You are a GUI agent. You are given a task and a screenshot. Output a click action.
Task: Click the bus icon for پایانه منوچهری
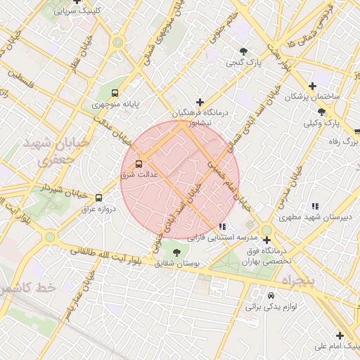[x=115, y=92]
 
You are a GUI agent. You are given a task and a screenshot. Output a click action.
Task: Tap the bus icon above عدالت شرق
[x=139, y=160]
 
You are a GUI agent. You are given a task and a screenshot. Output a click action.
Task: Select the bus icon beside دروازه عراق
[x=98, y=198]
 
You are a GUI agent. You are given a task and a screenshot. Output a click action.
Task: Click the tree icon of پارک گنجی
[x=243, y=51]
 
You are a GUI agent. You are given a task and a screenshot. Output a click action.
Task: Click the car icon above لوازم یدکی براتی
[x=271, y=295]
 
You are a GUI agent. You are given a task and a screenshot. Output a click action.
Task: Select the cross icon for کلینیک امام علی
[x=340, y=335]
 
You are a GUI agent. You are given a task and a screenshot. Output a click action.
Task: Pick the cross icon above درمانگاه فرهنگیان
[x=200, y=103]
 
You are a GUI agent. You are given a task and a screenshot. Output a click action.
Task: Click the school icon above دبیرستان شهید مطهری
[x=314, y=206]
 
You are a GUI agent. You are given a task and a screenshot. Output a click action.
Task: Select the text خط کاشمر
[x=27, y=289]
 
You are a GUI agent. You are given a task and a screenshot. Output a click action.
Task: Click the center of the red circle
[x=180, y=180]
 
